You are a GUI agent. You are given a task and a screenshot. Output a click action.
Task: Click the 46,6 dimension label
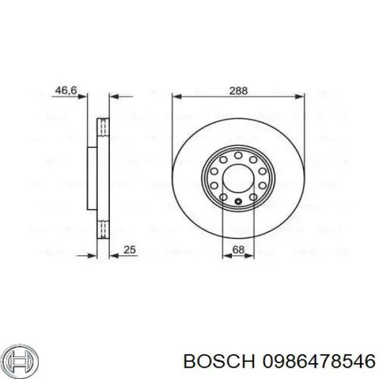[66, 91]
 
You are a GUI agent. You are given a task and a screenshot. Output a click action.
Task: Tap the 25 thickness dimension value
[131, 250]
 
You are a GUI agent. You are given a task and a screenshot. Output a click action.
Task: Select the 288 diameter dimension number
[238, 90]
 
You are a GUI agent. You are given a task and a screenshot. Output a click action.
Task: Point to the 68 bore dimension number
[238, 250]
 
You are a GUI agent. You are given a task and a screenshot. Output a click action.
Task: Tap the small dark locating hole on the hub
[238, 202]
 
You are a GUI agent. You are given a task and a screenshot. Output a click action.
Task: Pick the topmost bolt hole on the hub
[238, 153]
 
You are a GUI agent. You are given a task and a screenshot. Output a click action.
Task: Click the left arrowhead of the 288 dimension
[176, 97]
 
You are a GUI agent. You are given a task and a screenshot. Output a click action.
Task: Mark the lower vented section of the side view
[102, 229]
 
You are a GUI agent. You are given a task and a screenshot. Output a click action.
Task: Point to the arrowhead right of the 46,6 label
[83, 97]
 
